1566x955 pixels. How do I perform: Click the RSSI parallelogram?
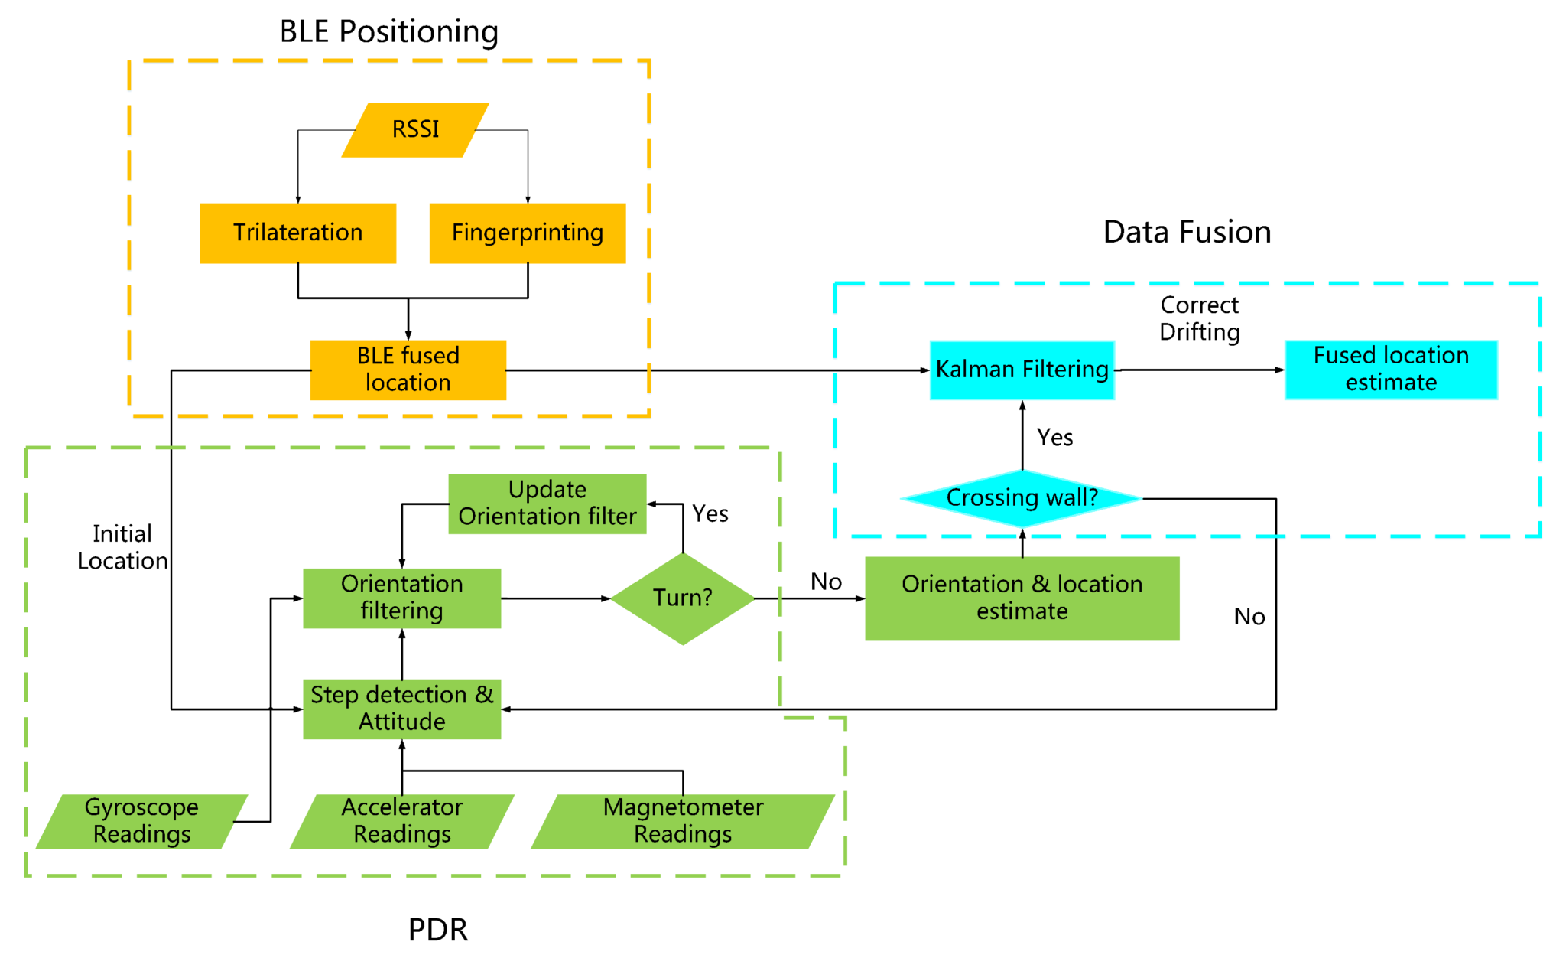point(415,129)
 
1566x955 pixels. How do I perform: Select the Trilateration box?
point(297,233)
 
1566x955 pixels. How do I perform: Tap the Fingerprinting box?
point(527,233)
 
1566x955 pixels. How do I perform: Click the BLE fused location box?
point(408,370)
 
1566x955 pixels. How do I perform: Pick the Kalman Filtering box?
point(1022,370)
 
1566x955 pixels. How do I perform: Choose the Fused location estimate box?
point(1390,370)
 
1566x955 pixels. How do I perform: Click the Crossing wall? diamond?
point(1022,498)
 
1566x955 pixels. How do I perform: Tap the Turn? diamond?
point(682,598)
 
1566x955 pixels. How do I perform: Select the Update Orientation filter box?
point(547,504)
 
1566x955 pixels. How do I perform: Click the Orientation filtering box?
point(401,598)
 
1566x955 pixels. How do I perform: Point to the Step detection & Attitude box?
point(401,709)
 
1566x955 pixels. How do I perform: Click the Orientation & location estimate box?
point(1022,598)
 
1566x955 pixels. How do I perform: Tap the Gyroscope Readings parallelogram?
point(141,821)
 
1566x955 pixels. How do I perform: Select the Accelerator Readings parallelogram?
point(401,821)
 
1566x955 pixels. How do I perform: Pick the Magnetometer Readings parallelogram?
point(682,821)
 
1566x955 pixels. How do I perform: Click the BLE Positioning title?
point(388,32)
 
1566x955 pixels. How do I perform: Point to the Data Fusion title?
point(1187,232)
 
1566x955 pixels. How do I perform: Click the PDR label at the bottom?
point(437,929)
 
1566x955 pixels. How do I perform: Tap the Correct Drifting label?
point(1199,318)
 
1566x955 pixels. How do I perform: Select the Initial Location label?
point(122,547)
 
